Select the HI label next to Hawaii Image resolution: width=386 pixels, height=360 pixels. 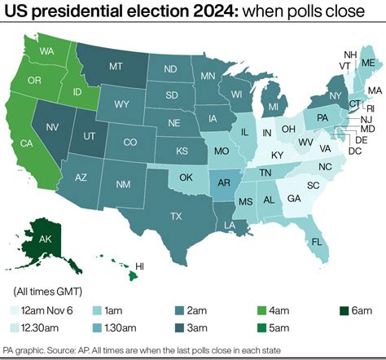click(x=139, y=266)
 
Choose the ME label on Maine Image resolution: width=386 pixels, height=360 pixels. click(x=368, y=63)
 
